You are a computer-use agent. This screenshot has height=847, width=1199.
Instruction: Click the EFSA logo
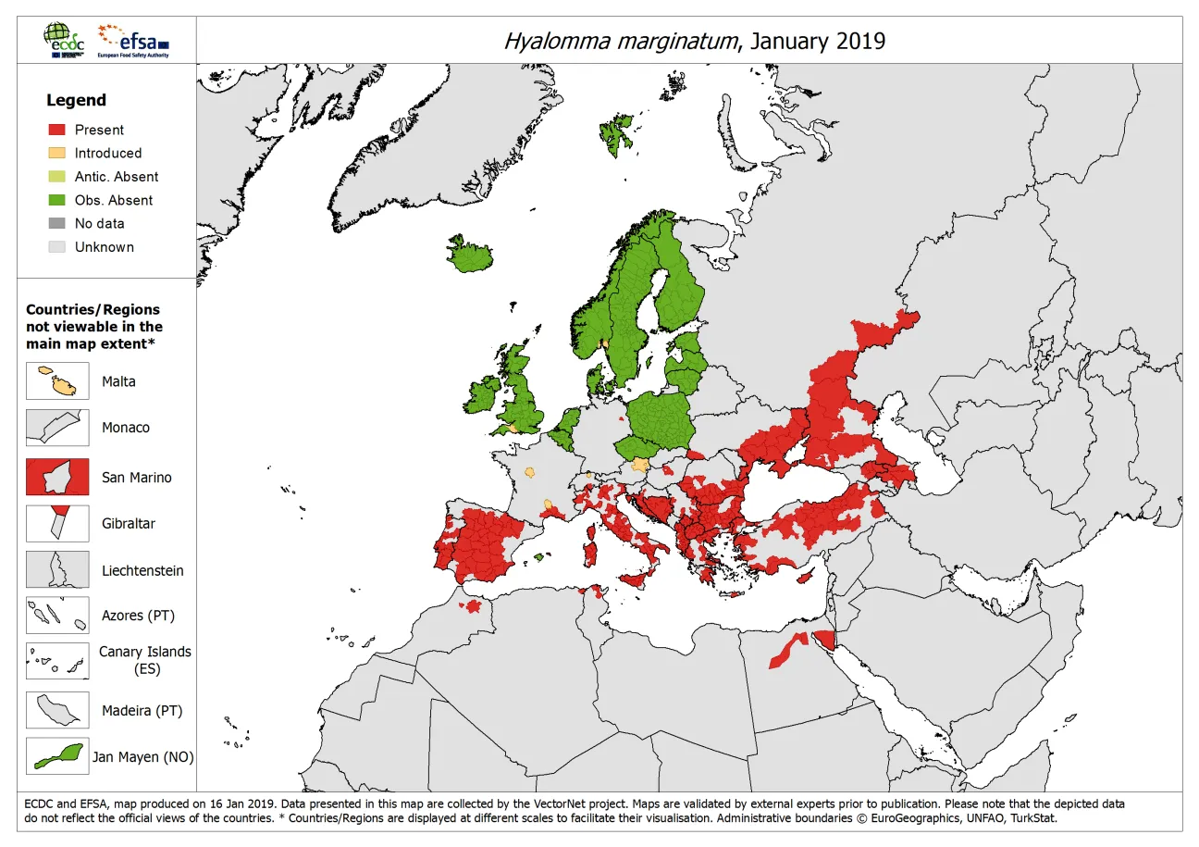[135, 41]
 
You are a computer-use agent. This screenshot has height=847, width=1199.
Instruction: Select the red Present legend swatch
[57, 130]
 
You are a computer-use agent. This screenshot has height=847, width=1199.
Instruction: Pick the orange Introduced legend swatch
[57, 153]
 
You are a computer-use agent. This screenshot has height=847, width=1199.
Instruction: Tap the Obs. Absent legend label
[114, 200]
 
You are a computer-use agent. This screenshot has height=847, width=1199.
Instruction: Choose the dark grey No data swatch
[57, 223]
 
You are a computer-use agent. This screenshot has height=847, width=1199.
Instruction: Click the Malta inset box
[57, 381]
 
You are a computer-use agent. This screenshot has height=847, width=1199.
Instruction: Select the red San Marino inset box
[57, 478]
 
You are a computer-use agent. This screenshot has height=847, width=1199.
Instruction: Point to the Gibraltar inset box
[57, 523]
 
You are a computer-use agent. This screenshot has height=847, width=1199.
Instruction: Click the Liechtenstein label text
[142, 570]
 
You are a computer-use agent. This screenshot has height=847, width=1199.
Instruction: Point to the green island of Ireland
[483, 397]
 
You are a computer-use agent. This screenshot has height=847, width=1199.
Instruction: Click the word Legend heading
[76, 100]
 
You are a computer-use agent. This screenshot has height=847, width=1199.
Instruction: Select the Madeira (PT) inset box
[57, 710]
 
